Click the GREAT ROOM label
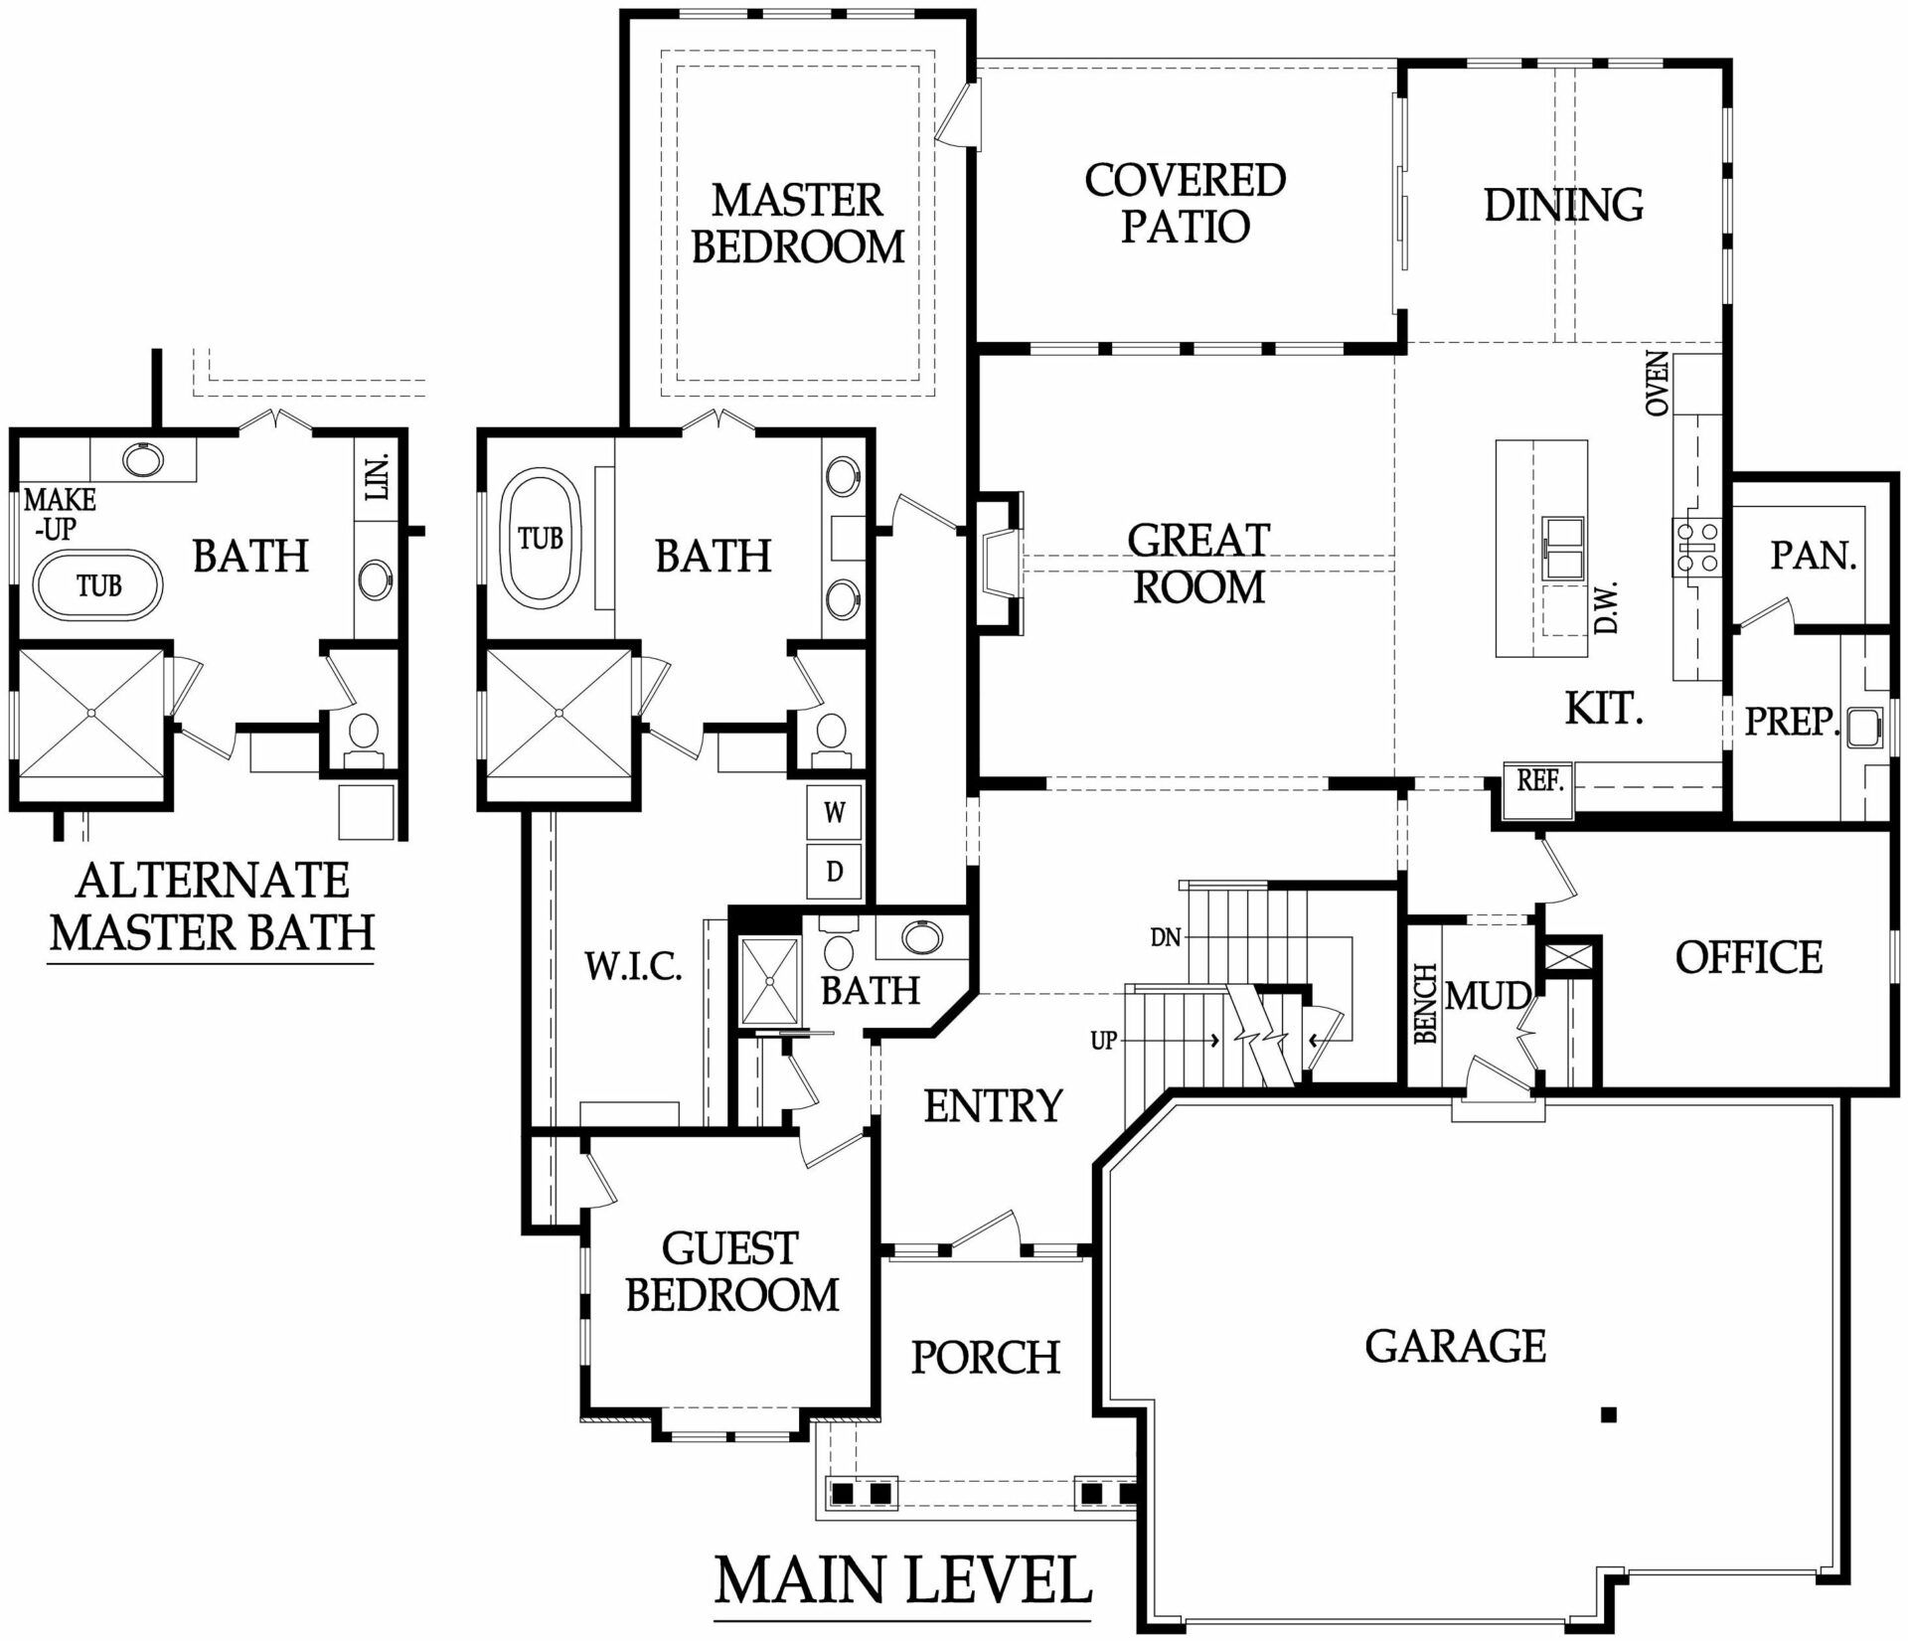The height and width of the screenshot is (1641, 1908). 1198,564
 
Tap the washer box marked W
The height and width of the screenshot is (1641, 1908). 834,813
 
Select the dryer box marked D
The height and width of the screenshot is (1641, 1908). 834,872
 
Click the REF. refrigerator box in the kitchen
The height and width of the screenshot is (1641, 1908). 1538,791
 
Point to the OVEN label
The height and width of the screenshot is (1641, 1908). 1658,384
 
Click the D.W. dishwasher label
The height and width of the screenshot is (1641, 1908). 1606,607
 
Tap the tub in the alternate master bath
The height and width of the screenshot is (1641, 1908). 97,586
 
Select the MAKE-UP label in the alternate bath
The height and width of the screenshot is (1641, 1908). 60,514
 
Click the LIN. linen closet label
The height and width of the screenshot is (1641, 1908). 377,477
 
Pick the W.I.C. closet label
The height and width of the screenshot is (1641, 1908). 633,966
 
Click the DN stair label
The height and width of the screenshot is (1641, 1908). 1165,937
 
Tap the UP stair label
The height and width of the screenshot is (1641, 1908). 1104,1041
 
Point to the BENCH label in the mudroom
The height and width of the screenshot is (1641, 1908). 1426,1003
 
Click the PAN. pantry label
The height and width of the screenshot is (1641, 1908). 1814,556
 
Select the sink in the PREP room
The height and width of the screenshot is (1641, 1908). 1863,727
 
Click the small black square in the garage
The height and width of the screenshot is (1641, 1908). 1610,1414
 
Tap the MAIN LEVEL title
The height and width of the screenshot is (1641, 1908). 903,1580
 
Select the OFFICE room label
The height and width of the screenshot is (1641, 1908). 1749,958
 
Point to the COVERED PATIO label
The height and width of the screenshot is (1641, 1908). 1186,203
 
